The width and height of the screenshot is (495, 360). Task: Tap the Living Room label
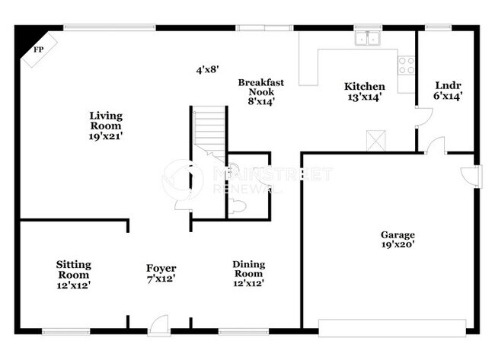(x=106, y=120)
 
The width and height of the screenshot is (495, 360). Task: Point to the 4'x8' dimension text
(x=207, y=69)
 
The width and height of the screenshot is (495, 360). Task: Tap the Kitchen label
(x=364, y=87)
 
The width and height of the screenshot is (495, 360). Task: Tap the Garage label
(x=398, y=235)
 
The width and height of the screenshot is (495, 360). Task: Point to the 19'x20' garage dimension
(x=398, y=245)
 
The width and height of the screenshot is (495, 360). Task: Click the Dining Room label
(x=249, y=269)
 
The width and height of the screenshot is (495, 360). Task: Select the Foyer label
(x=161, y=269)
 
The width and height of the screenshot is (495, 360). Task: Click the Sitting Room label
(x=74, y=269)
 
